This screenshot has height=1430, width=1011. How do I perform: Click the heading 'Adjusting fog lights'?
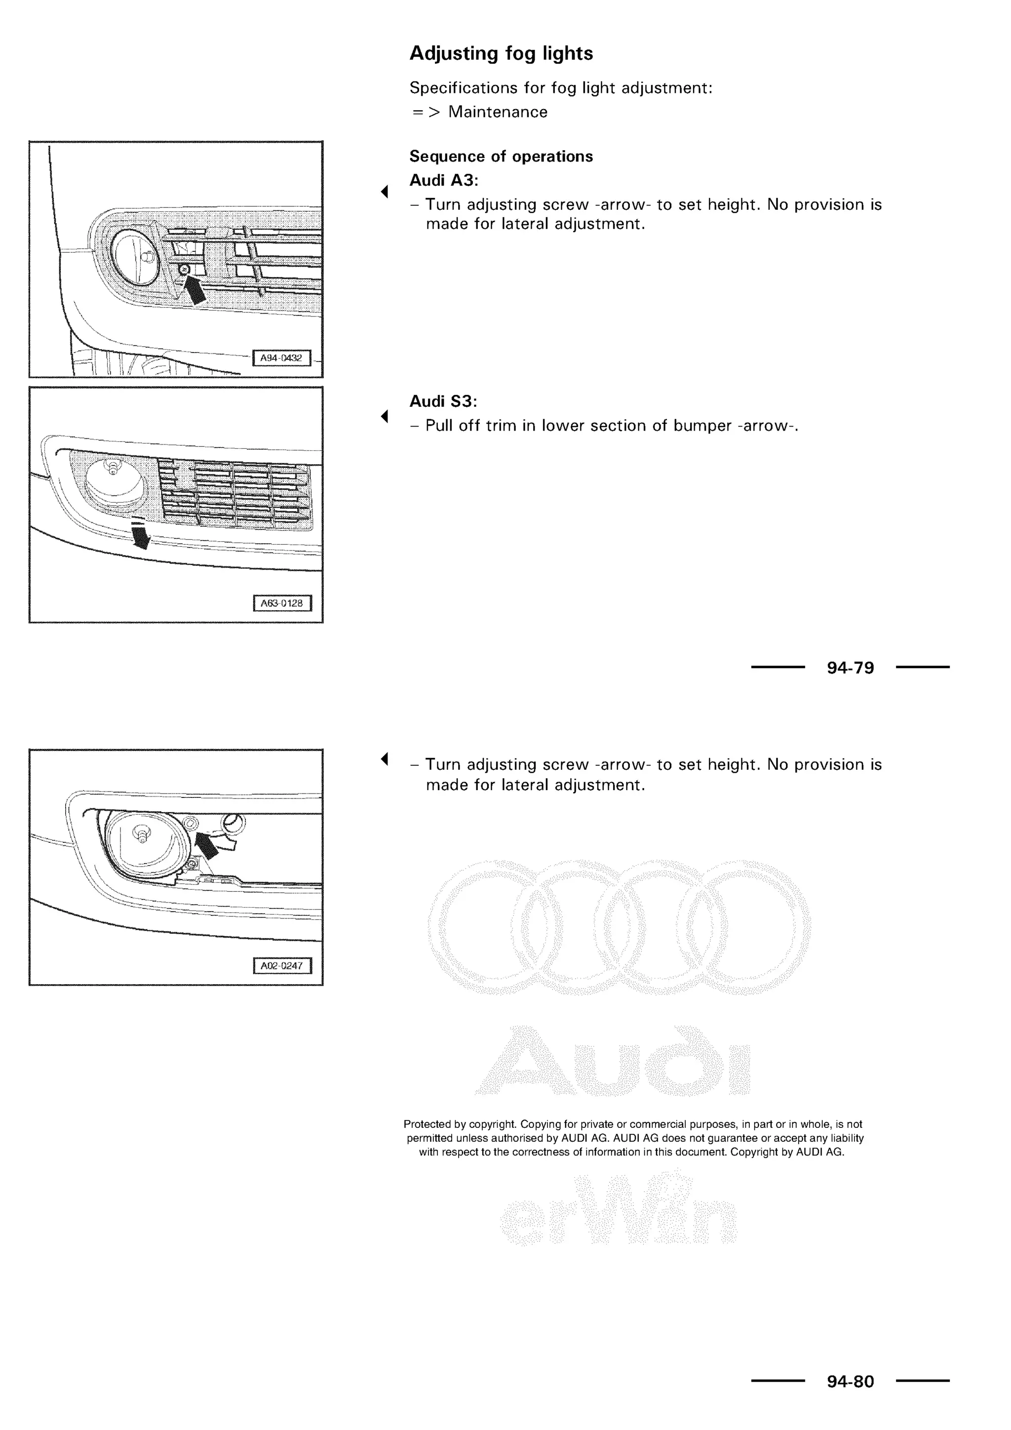pos(501,53)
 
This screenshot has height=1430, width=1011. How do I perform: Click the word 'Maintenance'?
pos(498,112)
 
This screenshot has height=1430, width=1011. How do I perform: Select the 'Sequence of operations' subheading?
pos(501,157)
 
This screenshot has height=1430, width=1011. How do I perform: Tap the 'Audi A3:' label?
pos(443,181)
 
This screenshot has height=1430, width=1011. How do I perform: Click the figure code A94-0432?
pos(281,358)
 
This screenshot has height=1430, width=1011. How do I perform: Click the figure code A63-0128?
pos(282,603)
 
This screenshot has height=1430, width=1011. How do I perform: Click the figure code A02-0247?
pos(282,966)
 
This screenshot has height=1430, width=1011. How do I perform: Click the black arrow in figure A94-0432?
pos(195,290)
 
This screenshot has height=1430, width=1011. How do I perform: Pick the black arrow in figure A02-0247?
pos(207,845)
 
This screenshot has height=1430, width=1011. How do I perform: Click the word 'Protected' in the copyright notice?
pos(427,1124)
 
